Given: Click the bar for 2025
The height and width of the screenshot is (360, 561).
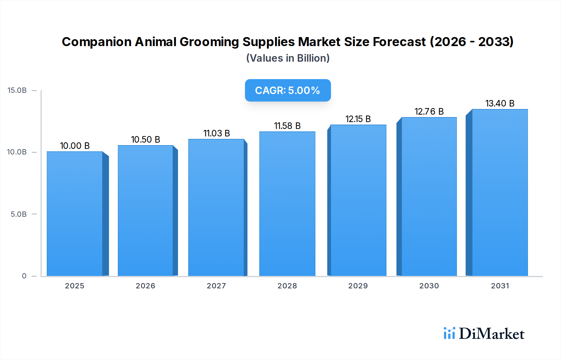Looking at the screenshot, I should [75, 214].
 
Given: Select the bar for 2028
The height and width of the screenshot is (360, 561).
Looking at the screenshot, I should [287, 204].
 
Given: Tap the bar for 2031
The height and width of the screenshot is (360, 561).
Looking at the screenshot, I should [500, 192].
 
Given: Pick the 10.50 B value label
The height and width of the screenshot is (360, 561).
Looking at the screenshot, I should [146, 140].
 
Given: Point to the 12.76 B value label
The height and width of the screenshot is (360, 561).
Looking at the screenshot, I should [429, 111].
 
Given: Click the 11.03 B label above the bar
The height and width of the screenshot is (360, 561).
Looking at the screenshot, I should [217, 133].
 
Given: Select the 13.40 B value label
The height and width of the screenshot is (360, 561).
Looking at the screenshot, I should [500, 103].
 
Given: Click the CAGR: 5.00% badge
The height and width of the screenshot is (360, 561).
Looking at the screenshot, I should [288, 90].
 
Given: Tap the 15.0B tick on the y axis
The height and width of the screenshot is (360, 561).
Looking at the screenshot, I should [17, 90].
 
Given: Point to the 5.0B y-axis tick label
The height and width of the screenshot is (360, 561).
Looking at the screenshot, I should [19, 214].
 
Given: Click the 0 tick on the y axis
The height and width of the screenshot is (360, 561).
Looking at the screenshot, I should [24, 276].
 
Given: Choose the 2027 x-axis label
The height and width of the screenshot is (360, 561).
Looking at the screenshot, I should [216, 286].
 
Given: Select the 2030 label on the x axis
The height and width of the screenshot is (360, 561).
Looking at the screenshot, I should [429, 286].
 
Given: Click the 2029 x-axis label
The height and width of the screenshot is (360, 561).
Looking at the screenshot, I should [358, 286].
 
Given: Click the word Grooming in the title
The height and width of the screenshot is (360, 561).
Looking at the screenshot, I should [209, 42].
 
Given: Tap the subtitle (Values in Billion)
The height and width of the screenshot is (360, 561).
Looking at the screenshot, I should [288, 58].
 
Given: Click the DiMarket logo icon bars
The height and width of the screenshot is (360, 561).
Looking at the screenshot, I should [449, 333].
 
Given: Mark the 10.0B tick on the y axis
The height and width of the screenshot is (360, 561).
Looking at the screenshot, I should [17, 152].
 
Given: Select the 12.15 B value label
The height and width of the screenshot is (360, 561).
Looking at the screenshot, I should [358, 119].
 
